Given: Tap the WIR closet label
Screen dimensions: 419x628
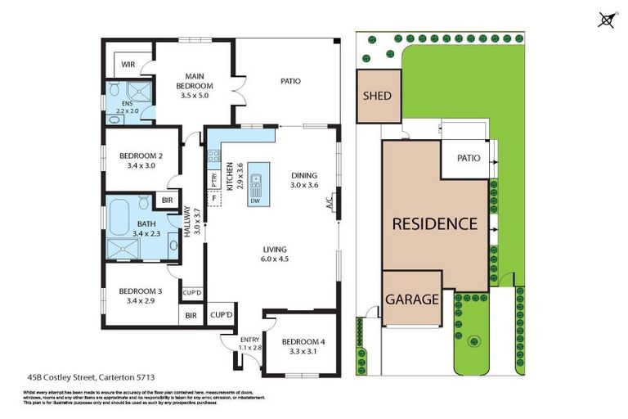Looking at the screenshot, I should click(x=128, y=65).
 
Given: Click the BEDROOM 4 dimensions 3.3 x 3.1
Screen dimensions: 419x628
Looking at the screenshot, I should click(x=297, y=352).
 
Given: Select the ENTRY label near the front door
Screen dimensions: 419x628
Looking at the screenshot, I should click(x=249, y=340).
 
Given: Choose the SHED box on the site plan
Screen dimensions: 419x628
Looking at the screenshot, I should click(x=376, y=96).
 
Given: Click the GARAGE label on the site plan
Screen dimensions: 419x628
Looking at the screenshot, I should click(x=413, y=300).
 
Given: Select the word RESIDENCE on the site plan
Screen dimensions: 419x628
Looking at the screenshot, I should click(x=433, y=223).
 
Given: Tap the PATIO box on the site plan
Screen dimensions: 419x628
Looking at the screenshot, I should click(x=469, y=158).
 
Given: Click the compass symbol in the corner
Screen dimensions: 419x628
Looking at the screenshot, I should click(x=606, y=20).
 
